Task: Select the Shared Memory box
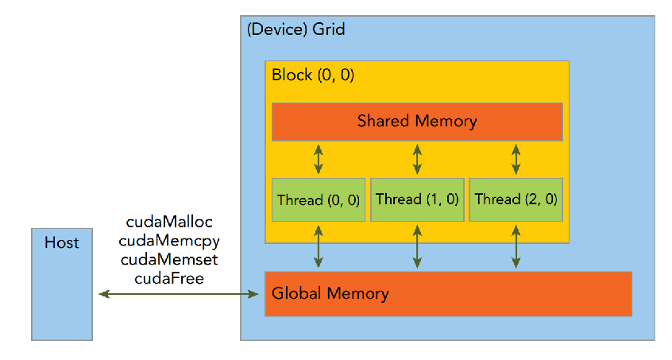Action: (x=417, y=122)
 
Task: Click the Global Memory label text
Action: (x=330, y=293)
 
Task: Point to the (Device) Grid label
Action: (x=296, y=29)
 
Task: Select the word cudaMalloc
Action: (x=170, y=221)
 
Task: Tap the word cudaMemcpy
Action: (x=170, y=240)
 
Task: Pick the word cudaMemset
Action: (x=170, y=259)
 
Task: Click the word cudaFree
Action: (x=170, y=277)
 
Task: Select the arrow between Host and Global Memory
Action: (x=180, y=295)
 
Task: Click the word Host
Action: (x=62, y=242)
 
